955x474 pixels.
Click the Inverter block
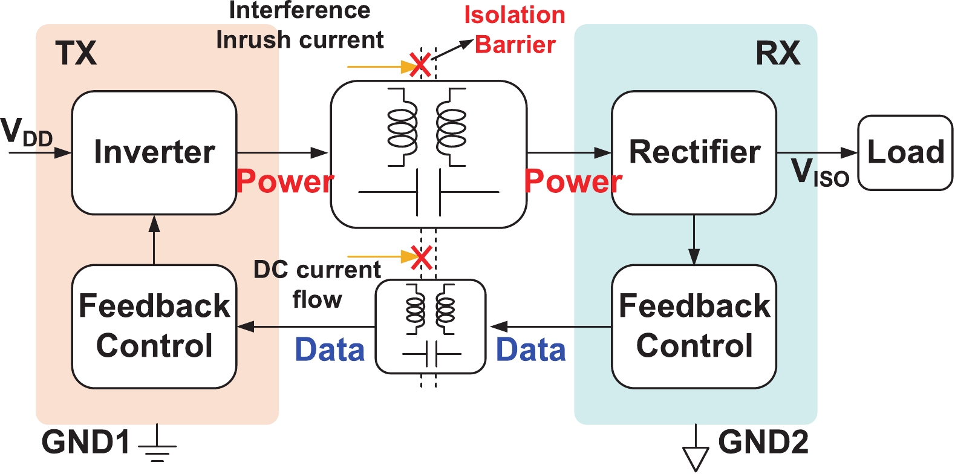(154, 152)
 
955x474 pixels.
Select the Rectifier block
(694, 152)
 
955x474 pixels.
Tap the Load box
(905, 152)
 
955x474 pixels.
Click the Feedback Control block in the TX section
(154, 326)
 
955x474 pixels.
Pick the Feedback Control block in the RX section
(694, 326)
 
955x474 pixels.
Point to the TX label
(76, 53)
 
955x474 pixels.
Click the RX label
(778, 53)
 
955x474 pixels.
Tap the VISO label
(820, 172)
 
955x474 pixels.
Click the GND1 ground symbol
(157, 448)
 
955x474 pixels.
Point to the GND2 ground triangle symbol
(696, 457)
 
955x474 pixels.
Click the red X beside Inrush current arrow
(420, 65)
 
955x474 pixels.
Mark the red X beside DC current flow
(421, 257)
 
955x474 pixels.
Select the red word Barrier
(515, 45)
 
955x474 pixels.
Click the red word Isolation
(515, 15)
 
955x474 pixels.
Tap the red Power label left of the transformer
(284, 181)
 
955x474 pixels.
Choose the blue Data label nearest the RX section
(530, 350)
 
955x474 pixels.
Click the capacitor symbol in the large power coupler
(428, 193)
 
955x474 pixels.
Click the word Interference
(300, 10)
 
